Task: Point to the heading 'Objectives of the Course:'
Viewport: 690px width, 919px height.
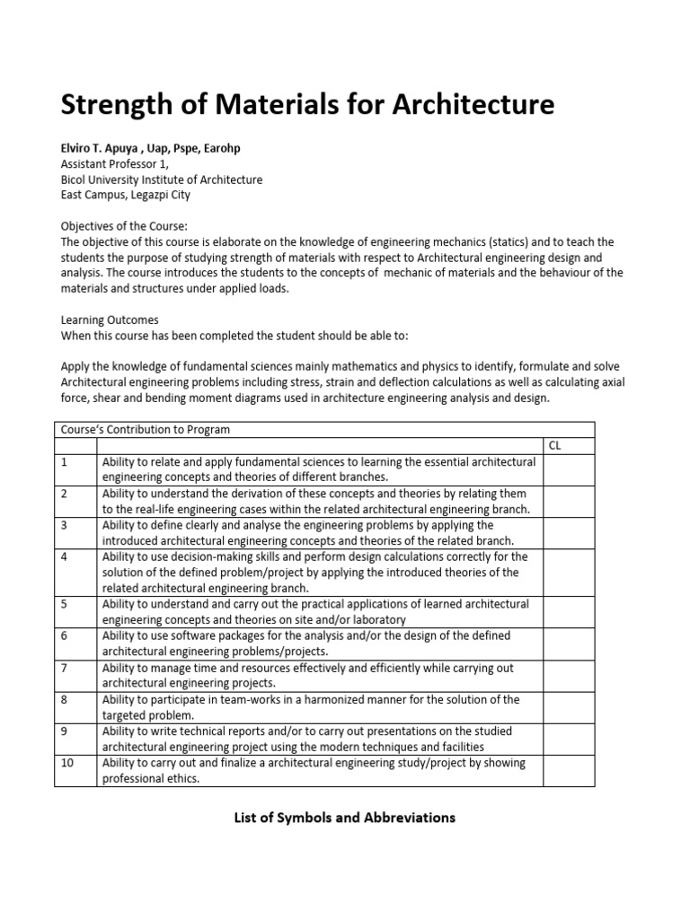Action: [125, 226]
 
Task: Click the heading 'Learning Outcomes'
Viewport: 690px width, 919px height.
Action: [110, 319]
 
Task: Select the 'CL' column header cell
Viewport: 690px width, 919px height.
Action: [554, 445]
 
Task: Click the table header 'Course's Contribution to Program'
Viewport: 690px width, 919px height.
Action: [144, 429]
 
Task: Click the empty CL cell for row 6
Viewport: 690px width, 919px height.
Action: [568, 643]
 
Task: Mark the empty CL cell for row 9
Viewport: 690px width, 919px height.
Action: [568, 739]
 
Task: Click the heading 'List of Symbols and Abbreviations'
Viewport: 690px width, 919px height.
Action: [344, 817]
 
